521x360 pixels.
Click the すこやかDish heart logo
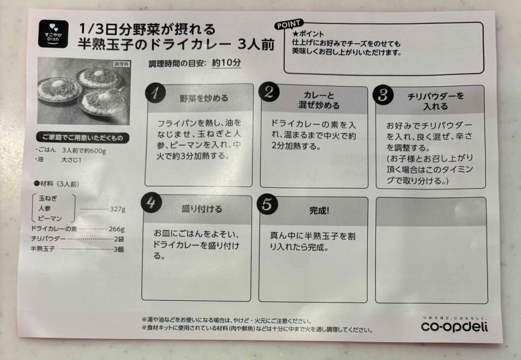pyautogui.click(x=53, y=34)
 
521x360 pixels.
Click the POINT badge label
pyautogui.click(x=288, y=24)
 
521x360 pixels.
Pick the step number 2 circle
pyautogui.click(x=269, y=92)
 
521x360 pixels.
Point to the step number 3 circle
pyautogui.click(x=383, y=95)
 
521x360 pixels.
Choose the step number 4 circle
pyautogui.click(x=152, y=203)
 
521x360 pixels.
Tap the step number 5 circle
pyautogui.click(x=268, y=204)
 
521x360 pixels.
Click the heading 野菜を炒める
pyautogui.click(x=204, y=98)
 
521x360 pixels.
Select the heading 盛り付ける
pyautogui.click(x=201, y=209)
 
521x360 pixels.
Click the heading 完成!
pyautogui.click(x=320, y=210)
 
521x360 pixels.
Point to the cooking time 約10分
pyautogui.click(x=226, y=63)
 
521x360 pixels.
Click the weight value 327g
pyautogui.click(x=118, y=209)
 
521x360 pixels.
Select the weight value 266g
pyautogui.click(x=117, y=229)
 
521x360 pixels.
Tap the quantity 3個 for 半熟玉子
pyautogui.click(x=119, y=249)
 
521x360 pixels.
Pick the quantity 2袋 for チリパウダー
pyautogui.click(x=119, y=239)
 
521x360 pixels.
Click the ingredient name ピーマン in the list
pyautogui.click(x=50, y=218)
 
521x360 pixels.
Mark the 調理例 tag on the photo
pyautogui.click(x=121, y=64)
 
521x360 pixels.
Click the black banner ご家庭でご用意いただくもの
pyautogui.click(x=83, y=137)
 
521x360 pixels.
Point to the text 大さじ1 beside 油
pyautogui.click(x=71, y=160)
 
